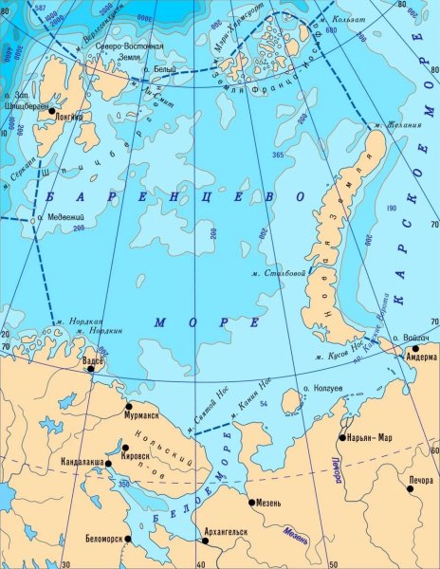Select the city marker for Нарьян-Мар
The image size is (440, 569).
(x=342, y=438)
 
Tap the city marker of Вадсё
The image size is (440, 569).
(x=91, y=370)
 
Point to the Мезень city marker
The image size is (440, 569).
(x=251, y=502)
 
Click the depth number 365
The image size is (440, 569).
(x=278, y=155)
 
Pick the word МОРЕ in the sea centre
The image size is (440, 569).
(x=193, y=322)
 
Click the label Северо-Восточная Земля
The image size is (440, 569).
(x=132, y=51)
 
